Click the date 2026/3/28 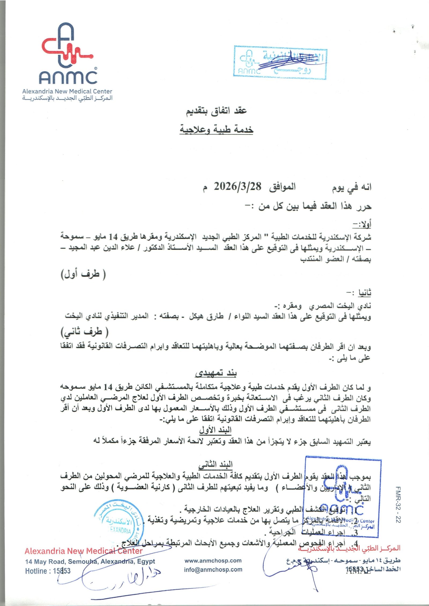237,186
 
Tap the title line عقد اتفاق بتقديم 216,111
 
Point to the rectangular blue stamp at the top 280,63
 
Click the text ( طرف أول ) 83,274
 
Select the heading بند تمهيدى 216,373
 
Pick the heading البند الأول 215,430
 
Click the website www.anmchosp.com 213,560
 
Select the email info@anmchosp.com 213,570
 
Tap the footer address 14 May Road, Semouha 90,561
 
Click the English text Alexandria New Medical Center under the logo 67,91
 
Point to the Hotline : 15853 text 48,571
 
